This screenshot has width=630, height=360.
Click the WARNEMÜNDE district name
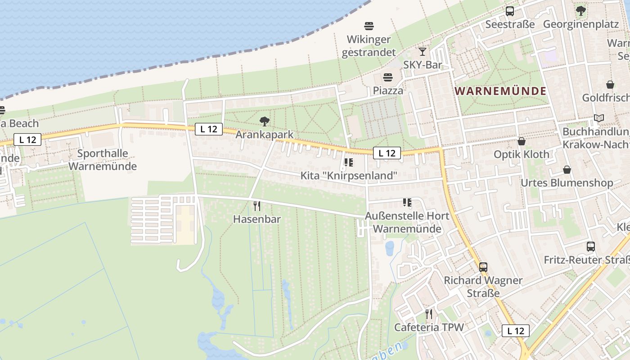click(500, 91)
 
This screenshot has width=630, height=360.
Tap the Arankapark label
click(265, 135)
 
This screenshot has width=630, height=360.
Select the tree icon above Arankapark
click(265, 121)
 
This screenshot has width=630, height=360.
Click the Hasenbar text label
click(257, 219)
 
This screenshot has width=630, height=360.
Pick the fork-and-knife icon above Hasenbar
click(257, 206)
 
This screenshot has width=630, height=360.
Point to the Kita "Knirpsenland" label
click(349, 175)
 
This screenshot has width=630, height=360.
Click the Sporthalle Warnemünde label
click(103, 160)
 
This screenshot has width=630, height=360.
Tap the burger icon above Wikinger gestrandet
click(369, 26)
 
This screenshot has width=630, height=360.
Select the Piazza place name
click(388, 90)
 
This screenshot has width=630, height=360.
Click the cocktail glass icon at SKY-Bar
click(422, 51)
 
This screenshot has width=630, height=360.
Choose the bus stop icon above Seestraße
click(510, 11)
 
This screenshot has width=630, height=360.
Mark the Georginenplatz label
click(581, 24)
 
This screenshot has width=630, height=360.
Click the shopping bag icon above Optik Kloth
click(522, 141)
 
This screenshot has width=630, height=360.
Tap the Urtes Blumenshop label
click(567, 183)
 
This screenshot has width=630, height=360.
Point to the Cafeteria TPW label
click(429, 327)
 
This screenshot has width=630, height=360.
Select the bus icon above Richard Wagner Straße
click(483, 267)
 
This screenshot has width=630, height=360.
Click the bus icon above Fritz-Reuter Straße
click(591, 247)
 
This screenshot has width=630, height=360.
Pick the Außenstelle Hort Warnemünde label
click(407, 222)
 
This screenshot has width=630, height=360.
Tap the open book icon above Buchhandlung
click(598, 118)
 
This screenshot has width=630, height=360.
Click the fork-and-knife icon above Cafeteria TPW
click(429, 314)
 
